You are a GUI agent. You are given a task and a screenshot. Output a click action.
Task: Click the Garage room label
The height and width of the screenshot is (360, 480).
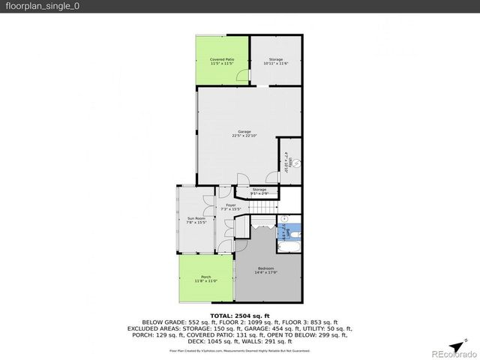click(x=244, y=132)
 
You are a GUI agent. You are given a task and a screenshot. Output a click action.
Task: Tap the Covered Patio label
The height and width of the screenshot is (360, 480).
click(x=221, y=59)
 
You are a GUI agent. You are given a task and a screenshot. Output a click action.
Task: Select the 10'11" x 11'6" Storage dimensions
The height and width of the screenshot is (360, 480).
click(x=276, y=64)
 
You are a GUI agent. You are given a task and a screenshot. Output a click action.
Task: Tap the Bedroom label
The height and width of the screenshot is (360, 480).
click(x=266, y=268)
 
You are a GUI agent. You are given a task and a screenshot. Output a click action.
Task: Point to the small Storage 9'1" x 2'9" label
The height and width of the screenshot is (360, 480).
click(x=259, y=191)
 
